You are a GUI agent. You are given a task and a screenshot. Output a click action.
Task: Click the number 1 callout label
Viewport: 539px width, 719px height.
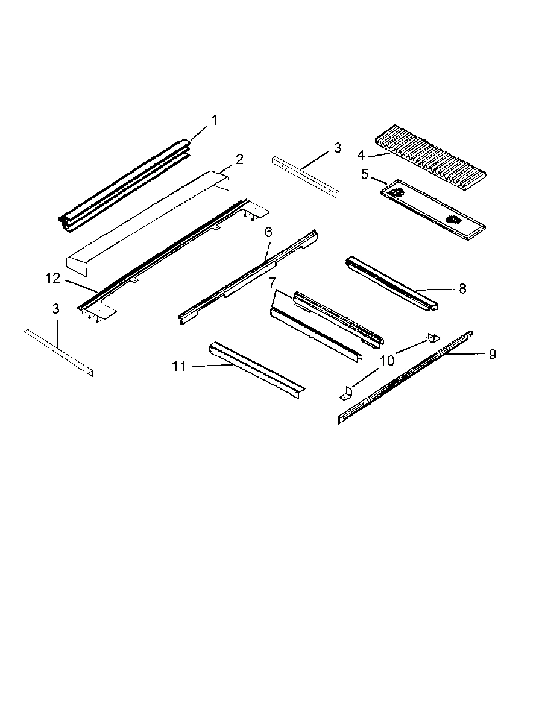coord(213,120)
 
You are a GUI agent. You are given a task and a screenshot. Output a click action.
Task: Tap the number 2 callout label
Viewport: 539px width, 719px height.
coord(239,159)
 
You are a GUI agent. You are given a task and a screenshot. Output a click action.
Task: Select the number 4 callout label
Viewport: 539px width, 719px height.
coord(361,155)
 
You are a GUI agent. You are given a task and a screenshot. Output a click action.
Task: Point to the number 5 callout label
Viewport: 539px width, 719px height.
coord(364,174)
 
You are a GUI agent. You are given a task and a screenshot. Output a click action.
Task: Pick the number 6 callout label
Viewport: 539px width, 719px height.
coord(268,232)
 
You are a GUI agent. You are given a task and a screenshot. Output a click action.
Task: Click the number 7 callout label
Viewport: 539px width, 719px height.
coord(273,282)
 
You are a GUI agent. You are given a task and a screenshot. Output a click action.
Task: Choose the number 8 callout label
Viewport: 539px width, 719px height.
coord(462,289)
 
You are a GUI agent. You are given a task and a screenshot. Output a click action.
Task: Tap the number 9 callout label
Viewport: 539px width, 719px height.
coord(492,355)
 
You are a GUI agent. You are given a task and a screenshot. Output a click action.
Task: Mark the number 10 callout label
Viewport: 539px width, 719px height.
coord(386,361)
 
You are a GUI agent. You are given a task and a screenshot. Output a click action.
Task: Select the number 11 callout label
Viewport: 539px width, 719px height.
coord(179,366)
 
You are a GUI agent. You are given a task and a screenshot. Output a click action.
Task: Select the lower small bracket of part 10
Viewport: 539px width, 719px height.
coord(345,393)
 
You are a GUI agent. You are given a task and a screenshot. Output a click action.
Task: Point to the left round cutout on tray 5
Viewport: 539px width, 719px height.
coord(396,192)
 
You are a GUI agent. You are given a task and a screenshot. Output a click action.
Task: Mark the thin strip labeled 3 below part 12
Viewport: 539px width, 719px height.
coord(59,352)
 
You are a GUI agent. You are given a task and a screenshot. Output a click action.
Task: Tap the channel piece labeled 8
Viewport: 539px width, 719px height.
coord(392,282)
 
